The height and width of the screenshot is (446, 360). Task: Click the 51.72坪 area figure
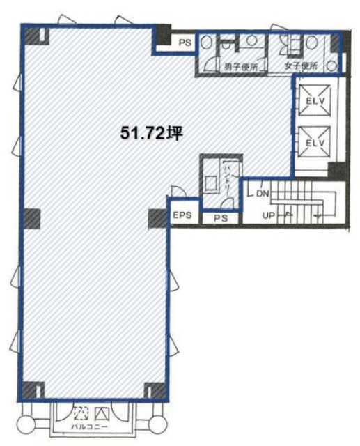point(150,132)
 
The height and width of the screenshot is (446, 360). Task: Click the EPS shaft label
point(183,216)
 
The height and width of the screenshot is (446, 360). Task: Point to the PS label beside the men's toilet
point(185,43)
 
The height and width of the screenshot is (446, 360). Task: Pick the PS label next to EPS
point(221,218)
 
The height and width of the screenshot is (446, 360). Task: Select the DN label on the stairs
point(263,193)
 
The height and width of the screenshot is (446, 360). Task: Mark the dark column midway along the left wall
point(33,218)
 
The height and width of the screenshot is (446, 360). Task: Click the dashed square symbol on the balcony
point(79,411)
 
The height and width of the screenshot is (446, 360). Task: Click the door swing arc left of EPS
point(175,193)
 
